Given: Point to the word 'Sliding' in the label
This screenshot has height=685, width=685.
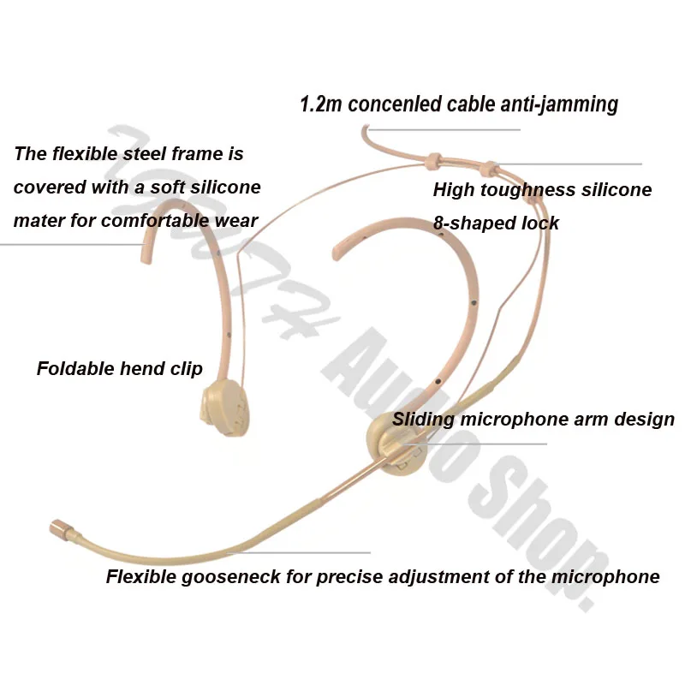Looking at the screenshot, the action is click(424, 420).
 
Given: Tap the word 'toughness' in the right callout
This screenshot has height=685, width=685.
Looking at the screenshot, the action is click(530, 189).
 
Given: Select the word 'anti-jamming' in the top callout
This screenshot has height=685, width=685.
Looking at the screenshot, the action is click(564, 104).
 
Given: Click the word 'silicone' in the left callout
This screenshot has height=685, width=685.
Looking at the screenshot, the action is click(224, 187).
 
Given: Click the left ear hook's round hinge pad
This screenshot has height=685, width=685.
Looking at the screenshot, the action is click(223, 410).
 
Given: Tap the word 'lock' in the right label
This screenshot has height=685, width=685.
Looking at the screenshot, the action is click(540, 223).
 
